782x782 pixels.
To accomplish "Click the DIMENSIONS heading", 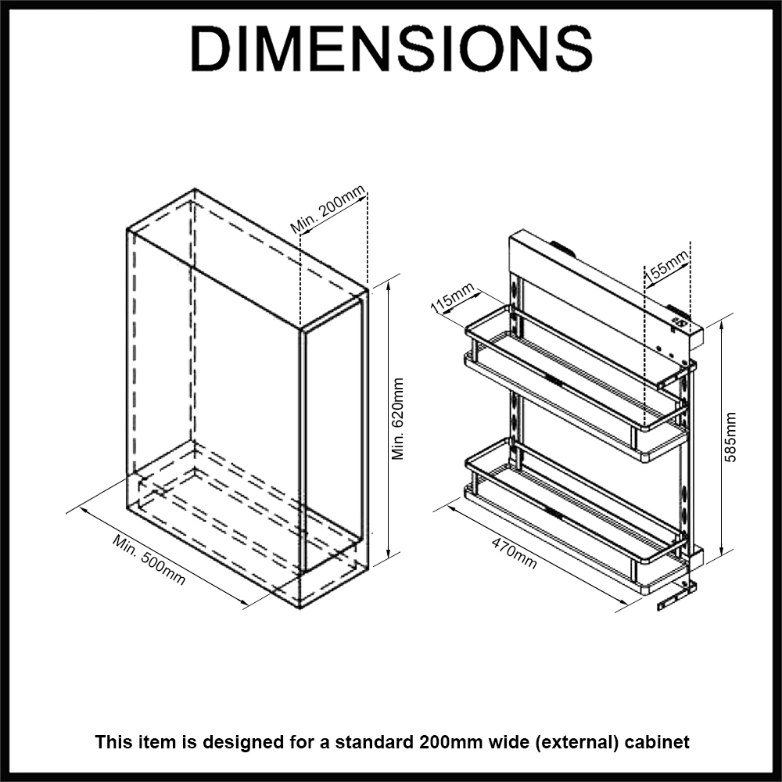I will [x=391, y=49].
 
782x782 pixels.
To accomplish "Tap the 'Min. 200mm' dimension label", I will [x=328, y=210].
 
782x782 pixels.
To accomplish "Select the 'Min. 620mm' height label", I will [x=398, y=418].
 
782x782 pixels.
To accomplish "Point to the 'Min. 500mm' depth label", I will [x=149, y=560].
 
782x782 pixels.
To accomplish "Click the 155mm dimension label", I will [x=667, y=264].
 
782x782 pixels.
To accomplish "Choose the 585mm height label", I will [x=730, y=438].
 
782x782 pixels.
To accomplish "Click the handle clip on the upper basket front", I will [x=554, y=381].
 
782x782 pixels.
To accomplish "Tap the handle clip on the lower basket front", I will [x=554, y=514].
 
